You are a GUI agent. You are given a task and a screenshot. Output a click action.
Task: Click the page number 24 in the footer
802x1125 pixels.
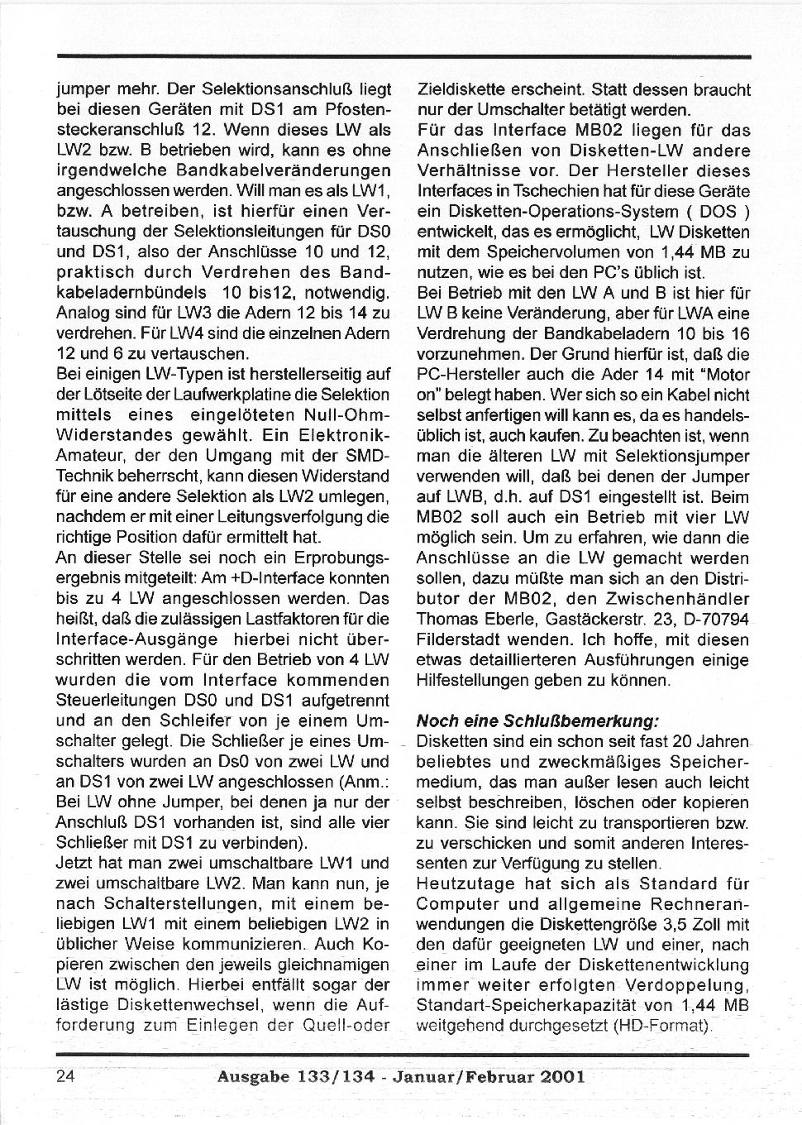point(65,1076)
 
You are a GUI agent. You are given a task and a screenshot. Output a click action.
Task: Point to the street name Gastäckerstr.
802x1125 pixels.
point(560,619)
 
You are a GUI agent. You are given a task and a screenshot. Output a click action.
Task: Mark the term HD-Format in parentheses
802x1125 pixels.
point(666,1026)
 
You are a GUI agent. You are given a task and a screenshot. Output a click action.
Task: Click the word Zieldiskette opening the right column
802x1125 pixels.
point(459,89)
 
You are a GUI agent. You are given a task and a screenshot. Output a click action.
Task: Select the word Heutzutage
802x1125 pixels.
point(460,883)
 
